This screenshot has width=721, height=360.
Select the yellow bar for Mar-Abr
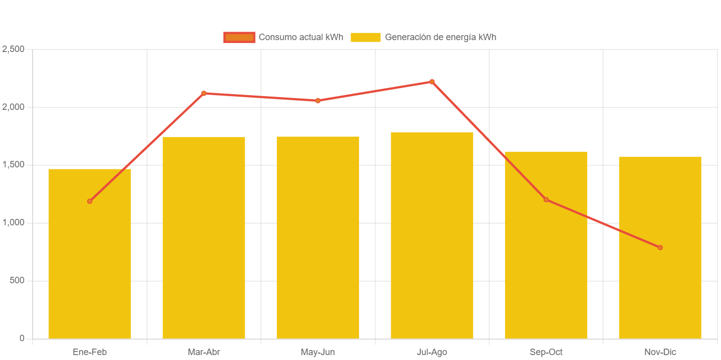[x=204, y=238]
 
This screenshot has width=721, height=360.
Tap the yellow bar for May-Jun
[x=318, y=238]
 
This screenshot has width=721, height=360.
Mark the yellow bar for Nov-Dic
[x=660, y=287]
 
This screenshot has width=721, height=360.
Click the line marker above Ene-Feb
[x=90, y=201]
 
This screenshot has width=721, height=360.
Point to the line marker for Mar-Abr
[x=204, y=93]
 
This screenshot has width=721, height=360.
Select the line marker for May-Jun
[x=318, y=101]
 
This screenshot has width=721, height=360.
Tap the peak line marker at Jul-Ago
[x=432, y=82]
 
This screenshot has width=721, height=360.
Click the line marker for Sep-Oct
[x=546, y=200]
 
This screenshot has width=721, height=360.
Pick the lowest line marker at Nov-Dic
[x=660, y=248]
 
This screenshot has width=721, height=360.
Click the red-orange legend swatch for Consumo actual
[x=239, y=37]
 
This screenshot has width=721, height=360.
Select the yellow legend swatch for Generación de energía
[x=365, y=37]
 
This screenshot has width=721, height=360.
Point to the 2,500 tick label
[x=13, y=49]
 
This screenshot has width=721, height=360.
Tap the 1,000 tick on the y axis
[x=13, y=222]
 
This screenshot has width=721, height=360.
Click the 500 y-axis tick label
[x=16, y=280]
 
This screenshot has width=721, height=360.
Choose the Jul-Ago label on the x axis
[x=432, y=352]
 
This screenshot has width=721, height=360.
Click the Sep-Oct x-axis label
[x=546, y=352]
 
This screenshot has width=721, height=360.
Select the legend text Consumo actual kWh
[x=301, y=37]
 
